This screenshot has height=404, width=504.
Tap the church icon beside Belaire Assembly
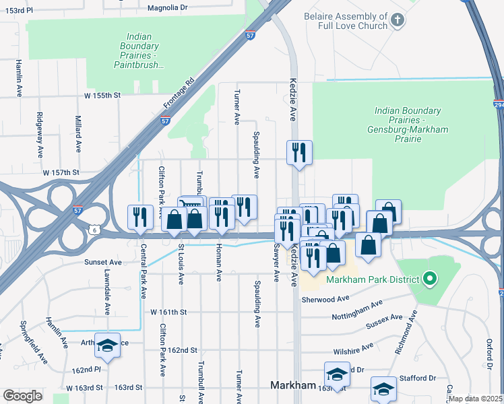(x=398, y=20)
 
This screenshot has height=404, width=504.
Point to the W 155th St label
(x=102, y=96)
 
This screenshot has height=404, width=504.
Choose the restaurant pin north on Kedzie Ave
(x=298, y=152)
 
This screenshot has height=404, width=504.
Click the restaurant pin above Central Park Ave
(x=140, y=217)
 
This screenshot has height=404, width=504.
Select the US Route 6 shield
(x=93, y=230)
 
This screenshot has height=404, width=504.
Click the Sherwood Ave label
(x=326, y=299)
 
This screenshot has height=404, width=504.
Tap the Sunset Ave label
(x=102, y=263)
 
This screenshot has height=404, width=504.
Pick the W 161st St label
(x=168, y=312)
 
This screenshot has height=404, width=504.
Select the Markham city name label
(x=293, y=385)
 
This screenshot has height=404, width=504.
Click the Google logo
(x=22, y=396)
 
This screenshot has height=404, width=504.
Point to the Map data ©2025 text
(x=474, y=399)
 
